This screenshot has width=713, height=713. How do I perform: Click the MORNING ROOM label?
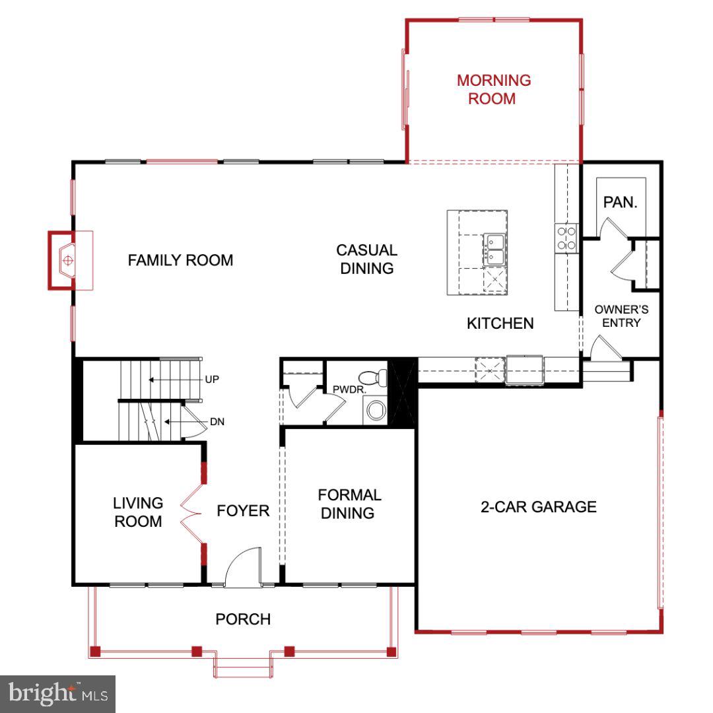[x=494, y=90]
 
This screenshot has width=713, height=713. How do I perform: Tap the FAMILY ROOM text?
[x=180, y=260]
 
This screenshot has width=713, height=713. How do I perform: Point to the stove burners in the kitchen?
[x=566, y=238]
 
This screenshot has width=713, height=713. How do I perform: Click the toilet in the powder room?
[x=379, y=377]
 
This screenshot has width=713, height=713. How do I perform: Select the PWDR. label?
[x=349, y=390]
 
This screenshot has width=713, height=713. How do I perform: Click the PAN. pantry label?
[x=620, y=203]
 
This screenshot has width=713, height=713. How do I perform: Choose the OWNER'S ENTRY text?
[x=621, y=316]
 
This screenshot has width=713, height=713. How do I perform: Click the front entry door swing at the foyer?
[x=242, y=568]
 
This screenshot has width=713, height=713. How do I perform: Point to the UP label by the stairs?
[x=212, y=380]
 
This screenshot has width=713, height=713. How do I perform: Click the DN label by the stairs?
[x=217, y=421]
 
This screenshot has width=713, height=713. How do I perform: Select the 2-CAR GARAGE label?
[x=538, y=507]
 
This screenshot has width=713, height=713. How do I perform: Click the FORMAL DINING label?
[x=349, y=504]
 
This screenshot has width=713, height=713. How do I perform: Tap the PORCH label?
[x=243, y=619]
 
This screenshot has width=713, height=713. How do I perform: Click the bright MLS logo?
[x=57, y=693]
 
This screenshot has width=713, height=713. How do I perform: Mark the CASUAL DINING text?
[x=366, y=259]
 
